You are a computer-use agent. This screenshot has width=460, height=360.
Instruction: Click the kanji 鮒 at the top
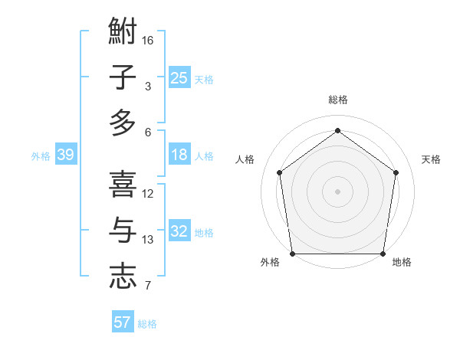[123, 32]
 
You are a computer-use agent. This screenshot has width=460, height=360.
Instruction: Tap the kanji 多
[123, 123]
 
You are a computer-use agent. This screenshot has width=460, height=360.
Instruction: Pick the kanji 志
[123, 276]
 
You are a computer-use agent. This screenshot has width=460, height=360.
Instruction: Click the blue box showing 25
[179, 78]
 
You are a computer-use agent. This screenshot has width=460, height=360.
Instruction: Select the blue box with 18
[179, 155]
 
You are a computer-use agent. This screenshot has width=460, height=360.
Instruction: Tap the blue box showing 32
[179, 232]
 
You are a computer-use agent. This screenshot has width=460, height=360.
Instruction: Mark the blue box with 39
[65, 155]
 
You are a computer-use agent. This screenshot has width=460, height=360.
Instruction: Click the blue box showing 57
[123, 322]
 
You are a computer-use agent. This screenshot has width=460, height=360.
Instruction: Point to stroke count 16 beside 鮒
[148, 40]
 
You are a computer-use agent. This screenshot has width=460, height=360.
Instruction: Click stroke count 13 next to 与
[148, 240]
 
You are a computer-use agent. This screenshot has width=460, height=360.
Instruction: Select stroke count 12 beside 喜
[148, 194]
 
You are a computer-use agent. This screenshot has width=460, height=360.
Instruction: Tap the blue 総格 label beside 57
[147, 324]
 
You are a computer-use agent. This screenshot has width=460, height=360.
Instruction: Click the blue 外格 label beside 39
[41, 156]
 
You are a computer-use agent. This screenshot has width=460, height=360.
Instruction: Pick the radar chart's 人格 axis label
[245, 159]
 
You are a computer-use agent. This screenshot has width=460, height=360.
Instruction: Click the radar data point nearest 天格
[396, 172]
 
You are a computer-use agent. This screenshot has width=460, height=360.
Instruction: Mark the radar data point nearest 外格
[292, 254]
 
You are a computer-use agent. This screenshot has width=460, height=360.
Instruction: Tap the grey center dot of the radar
[337, 191]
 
